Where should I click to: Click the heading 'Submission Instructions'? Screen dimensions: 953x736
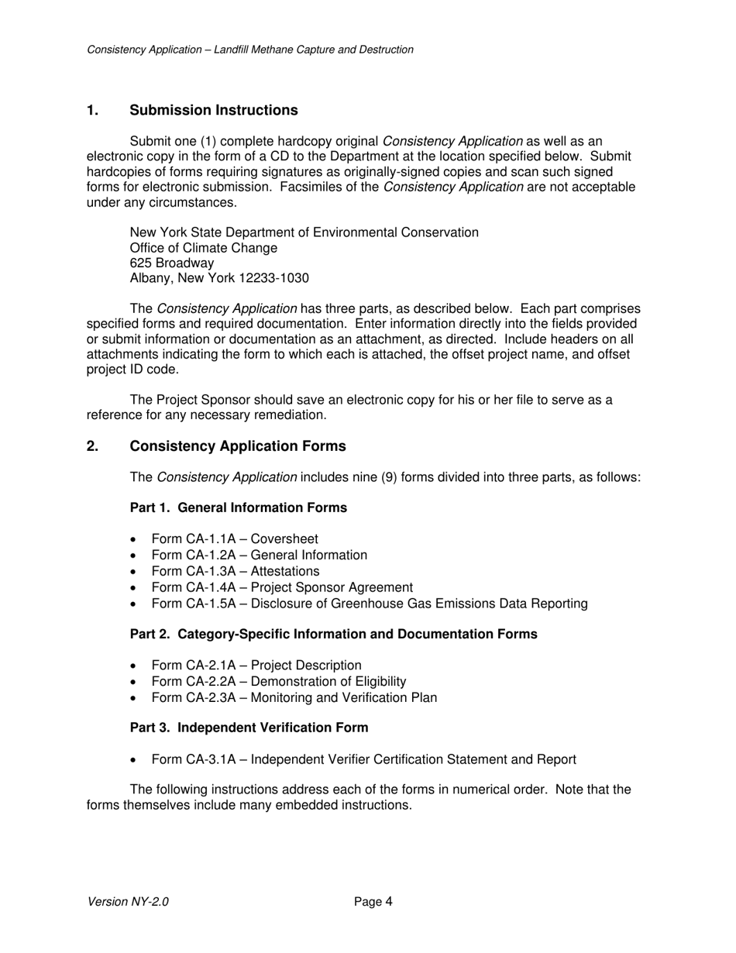pos(213,110)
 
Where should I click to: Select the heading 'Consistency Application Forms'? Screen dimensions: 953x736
pos(237,446)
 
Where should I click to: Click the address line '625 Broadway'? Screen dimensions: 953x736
pos(171,263)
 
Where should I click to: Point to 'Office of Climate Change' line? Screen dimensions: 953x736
pos(203,248)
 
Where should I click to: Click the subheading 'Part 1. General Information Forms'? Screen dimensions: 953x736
pos(238,507)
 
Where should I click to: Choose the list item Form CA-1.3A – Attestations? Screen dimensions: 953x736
pos(235,572)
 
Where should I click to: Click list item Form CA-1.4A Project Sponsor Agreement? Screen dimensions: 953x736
pos(282,587)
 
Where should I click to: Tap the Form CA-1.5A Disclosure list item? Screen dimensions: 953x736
pos(369,604)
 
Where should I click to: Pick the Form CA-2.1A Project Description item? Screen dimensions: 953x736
pos(256,666)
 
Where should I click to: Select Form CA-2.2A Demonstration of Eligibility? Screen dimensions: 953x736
pos(278,682)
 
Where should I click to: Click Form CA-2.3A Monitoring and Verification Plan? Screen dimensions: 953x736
pos(294,698)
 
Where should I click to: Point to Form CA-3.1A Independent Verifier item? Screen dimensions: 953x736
pos(363,759)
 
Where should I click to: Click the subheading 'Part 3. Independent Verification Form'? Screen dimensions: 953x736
pos(249,728)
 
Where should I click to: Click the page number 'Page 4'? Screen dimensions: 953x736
pos(373,902)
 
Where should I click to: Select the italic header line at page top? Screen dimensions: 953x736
pos(250,50)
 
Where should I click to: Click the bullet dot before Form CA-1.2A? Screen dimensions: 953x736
pos(136,556)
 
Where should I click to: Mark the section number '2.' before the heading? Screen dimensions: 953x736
pos(92,446)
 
